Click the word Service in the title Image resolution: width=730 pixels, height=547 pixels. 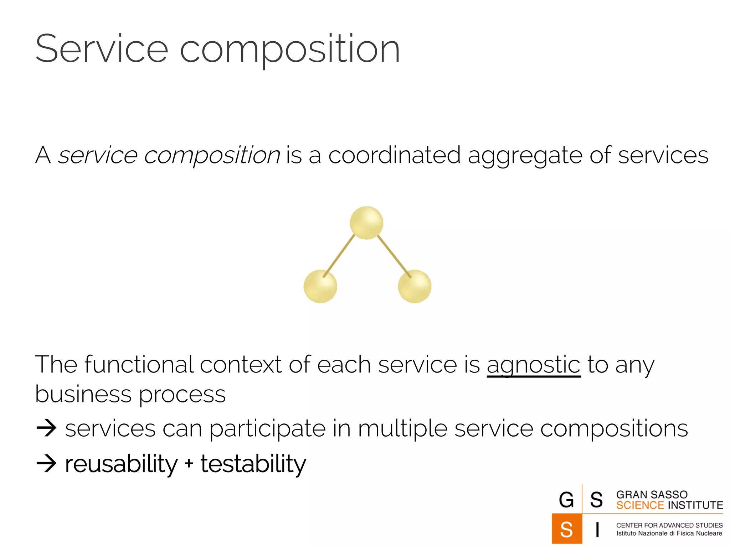pos(102,49)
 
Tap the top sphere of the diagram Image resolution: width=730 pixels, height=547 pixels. pos(366,223)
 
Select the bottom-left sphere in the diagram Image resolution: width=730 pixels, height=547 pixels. pos(320,287)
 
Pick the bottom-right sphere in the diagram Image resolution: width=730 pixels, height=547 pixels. pos(415,287)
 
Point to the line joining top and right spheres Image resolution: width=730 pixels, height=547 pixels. pos(394,255)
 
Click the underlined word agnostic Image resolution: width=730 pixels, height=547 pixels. pos(533,365)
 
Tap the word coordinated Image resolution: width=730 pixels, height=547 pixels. pos(394,155)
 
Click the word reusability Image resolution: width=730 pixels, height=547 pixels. pos(121,464)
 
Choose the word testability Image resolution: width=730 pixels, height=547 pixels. pos(253,464)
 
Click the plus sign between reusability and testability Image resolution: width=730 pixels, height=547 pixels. pos(189,464)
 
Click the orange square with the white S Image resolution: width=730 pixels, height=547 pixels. pos(566,529)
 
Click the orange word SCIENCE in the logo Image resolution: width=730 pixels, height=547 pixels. pos(640,505)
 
